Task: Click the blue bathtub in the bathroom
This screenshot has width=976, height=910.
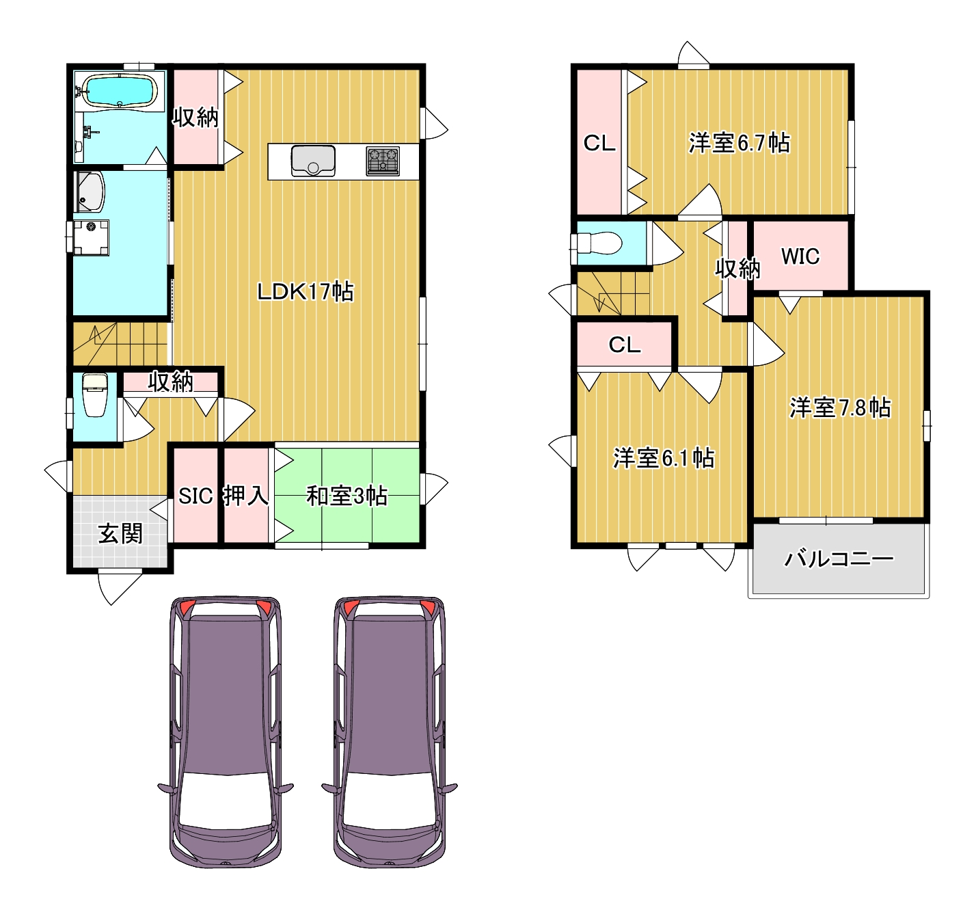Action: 120,90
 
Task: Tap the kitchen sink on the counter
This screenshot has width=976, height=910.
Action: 313,160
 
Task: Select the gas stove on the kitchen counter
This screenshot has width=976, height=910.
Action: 383,161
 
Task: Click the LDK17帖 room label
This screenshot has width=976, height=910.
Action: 306,291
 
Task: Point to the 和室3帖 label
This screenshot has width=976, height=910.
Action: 347,496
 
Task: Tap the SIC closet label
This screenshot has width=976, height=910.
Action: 195,496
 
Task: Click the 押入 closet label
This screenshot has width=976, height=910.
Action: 246,496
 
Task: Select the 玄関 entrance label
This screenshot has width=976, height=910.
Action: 120,533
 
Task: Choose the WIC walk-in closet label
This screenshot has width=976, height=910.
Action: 800,256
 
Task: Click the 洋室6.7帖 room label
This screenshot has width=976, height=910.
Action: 739,143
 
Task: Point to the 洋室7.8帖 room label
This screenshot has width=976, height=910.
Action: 840,407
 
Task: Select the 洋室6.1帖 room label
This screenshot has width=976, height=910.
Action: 664,458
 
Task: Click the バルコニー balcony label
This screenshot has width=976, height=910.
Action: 839,559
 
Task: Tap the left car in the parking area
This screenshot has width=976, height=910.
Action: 226,732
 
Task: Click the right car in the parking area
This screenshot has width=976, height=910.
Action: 390,732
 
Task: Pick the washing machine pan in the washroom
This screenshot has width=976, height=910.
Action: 92,237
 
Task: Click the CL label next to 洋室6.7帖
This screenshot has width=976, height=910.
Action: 599,143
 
